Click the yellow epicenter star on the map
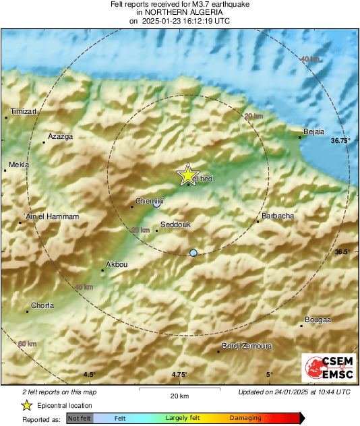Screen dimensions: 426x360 [x=187, y=175]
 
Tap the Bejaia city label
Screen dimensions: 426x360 [x=315, y=131]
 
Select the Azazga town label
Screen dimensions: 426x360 [x=60, y=136]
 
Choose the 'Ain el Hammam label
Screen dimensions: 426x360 [x=51, y=216]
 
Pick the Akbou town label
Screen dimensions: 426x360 [x=117, y=265]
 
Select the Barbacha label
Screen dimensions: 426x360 [x=277, y=216]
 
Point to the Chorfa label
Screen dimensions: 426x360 [x=42, y=305]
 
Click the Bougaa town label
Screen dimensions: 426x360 [x=318, y=320]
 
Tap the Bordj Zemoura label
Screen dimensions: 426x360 [x=247, y=346]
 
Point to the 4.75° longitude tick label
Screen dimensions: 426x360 [x=179, y=375]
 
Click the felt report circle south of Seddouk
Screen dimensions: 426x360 [x=194, y=253]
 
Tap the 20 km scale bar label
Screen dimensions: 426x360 [x=179, y=395]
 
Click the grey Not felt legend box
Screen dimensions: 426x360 [x=80, y=419]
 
